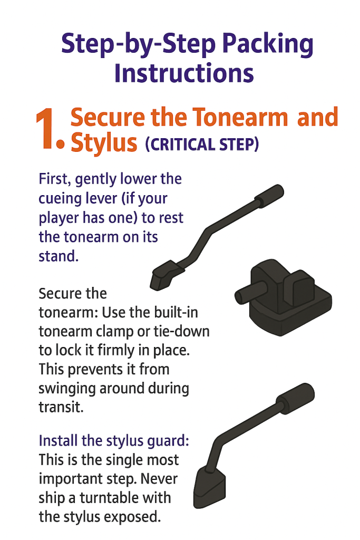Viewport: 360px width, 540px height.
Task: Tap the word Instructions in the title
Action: pos(184,73)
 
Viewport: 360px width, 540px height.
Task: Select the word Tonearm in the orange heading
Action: pos(240,117)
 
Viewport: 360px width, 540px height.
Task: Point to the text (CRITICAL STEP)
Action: pos(202,144)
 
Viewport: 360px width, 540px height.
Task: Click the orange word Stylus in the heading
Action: pos(104,142)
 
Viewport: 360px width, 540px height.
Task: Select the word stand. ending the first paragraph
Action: pos(59,256)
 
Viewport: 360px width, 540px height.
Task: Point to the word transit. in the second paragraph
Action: pos(61,407)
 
